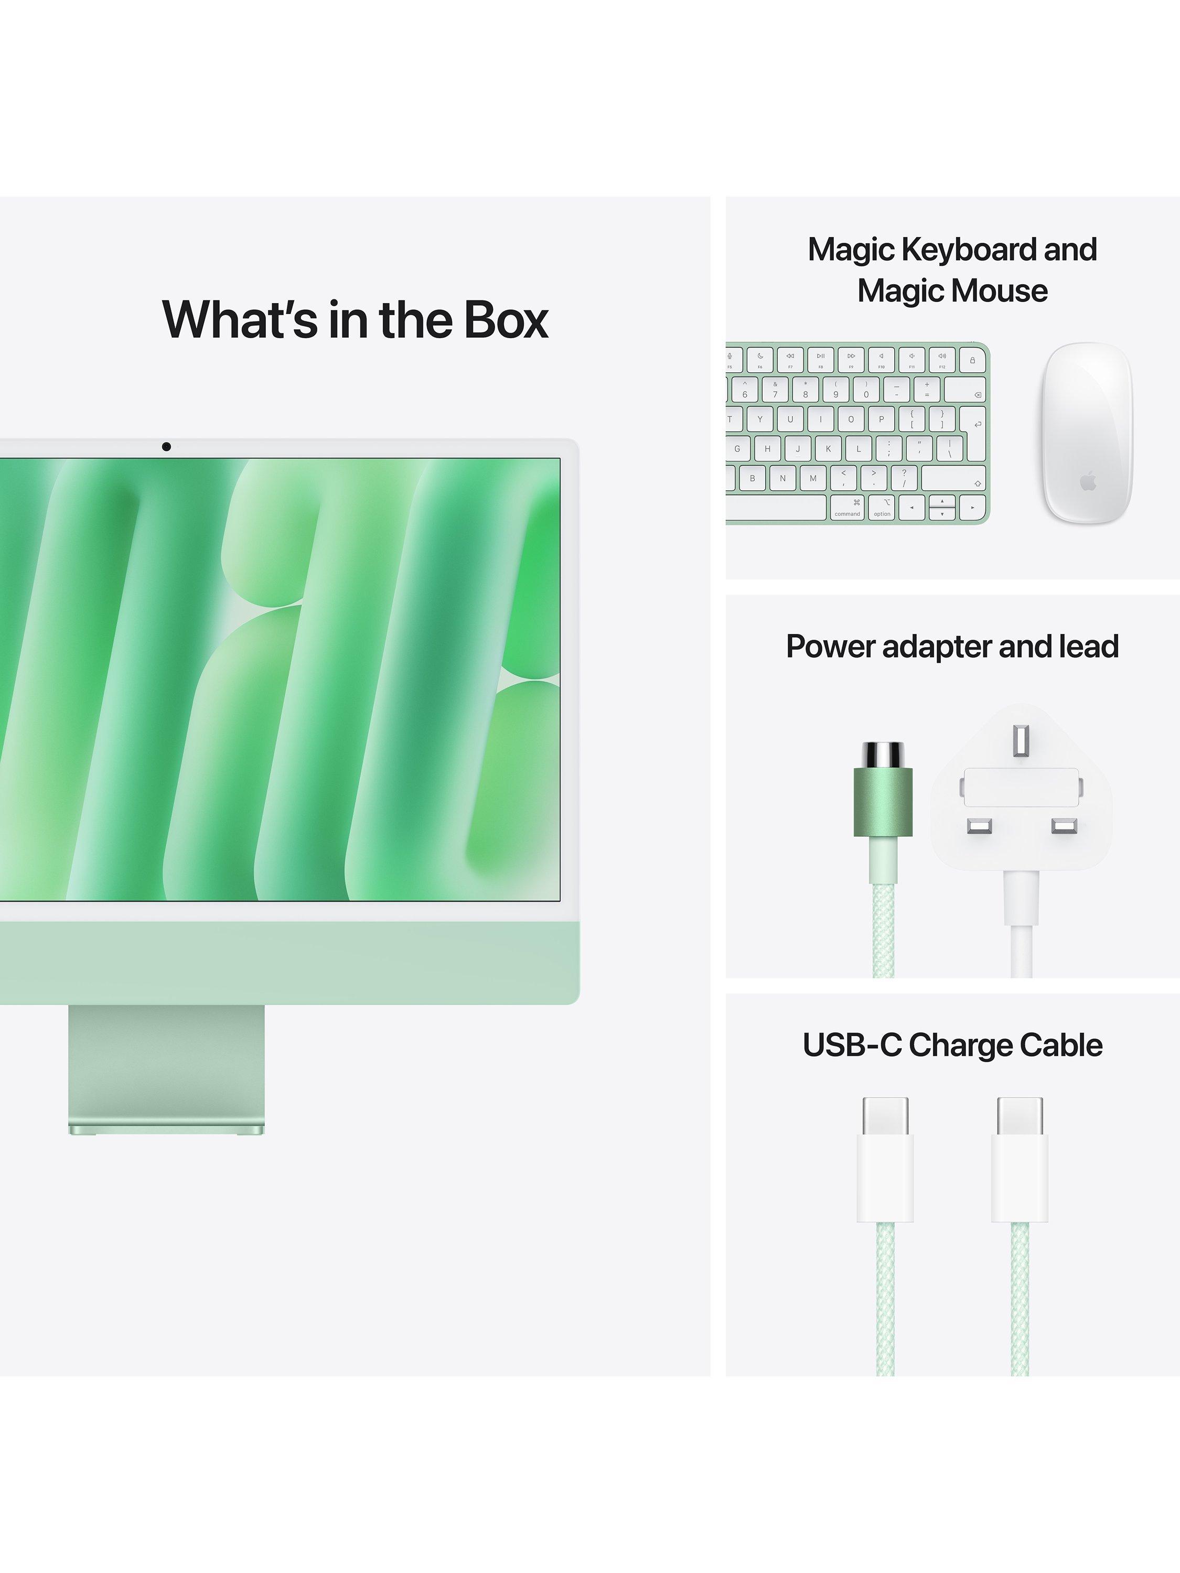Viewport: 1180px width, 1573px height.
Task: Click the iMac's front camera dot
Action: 166,447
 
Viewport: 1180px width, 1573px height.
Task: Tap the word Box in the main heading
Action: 507,320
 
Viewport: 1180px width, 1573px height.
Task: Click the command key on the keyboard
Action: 847,508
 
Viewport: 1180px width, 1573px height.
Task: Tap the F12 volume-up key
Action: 942,360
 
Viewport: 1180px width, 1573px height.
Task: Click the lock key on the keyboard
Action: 972,360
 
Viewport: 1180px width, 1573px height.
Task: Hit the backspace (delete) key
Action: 965,390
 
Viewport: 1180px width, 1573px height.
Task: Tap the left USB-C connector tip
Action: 886,1118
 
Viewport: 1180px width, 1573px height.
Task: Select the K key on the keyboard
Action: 828,449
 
